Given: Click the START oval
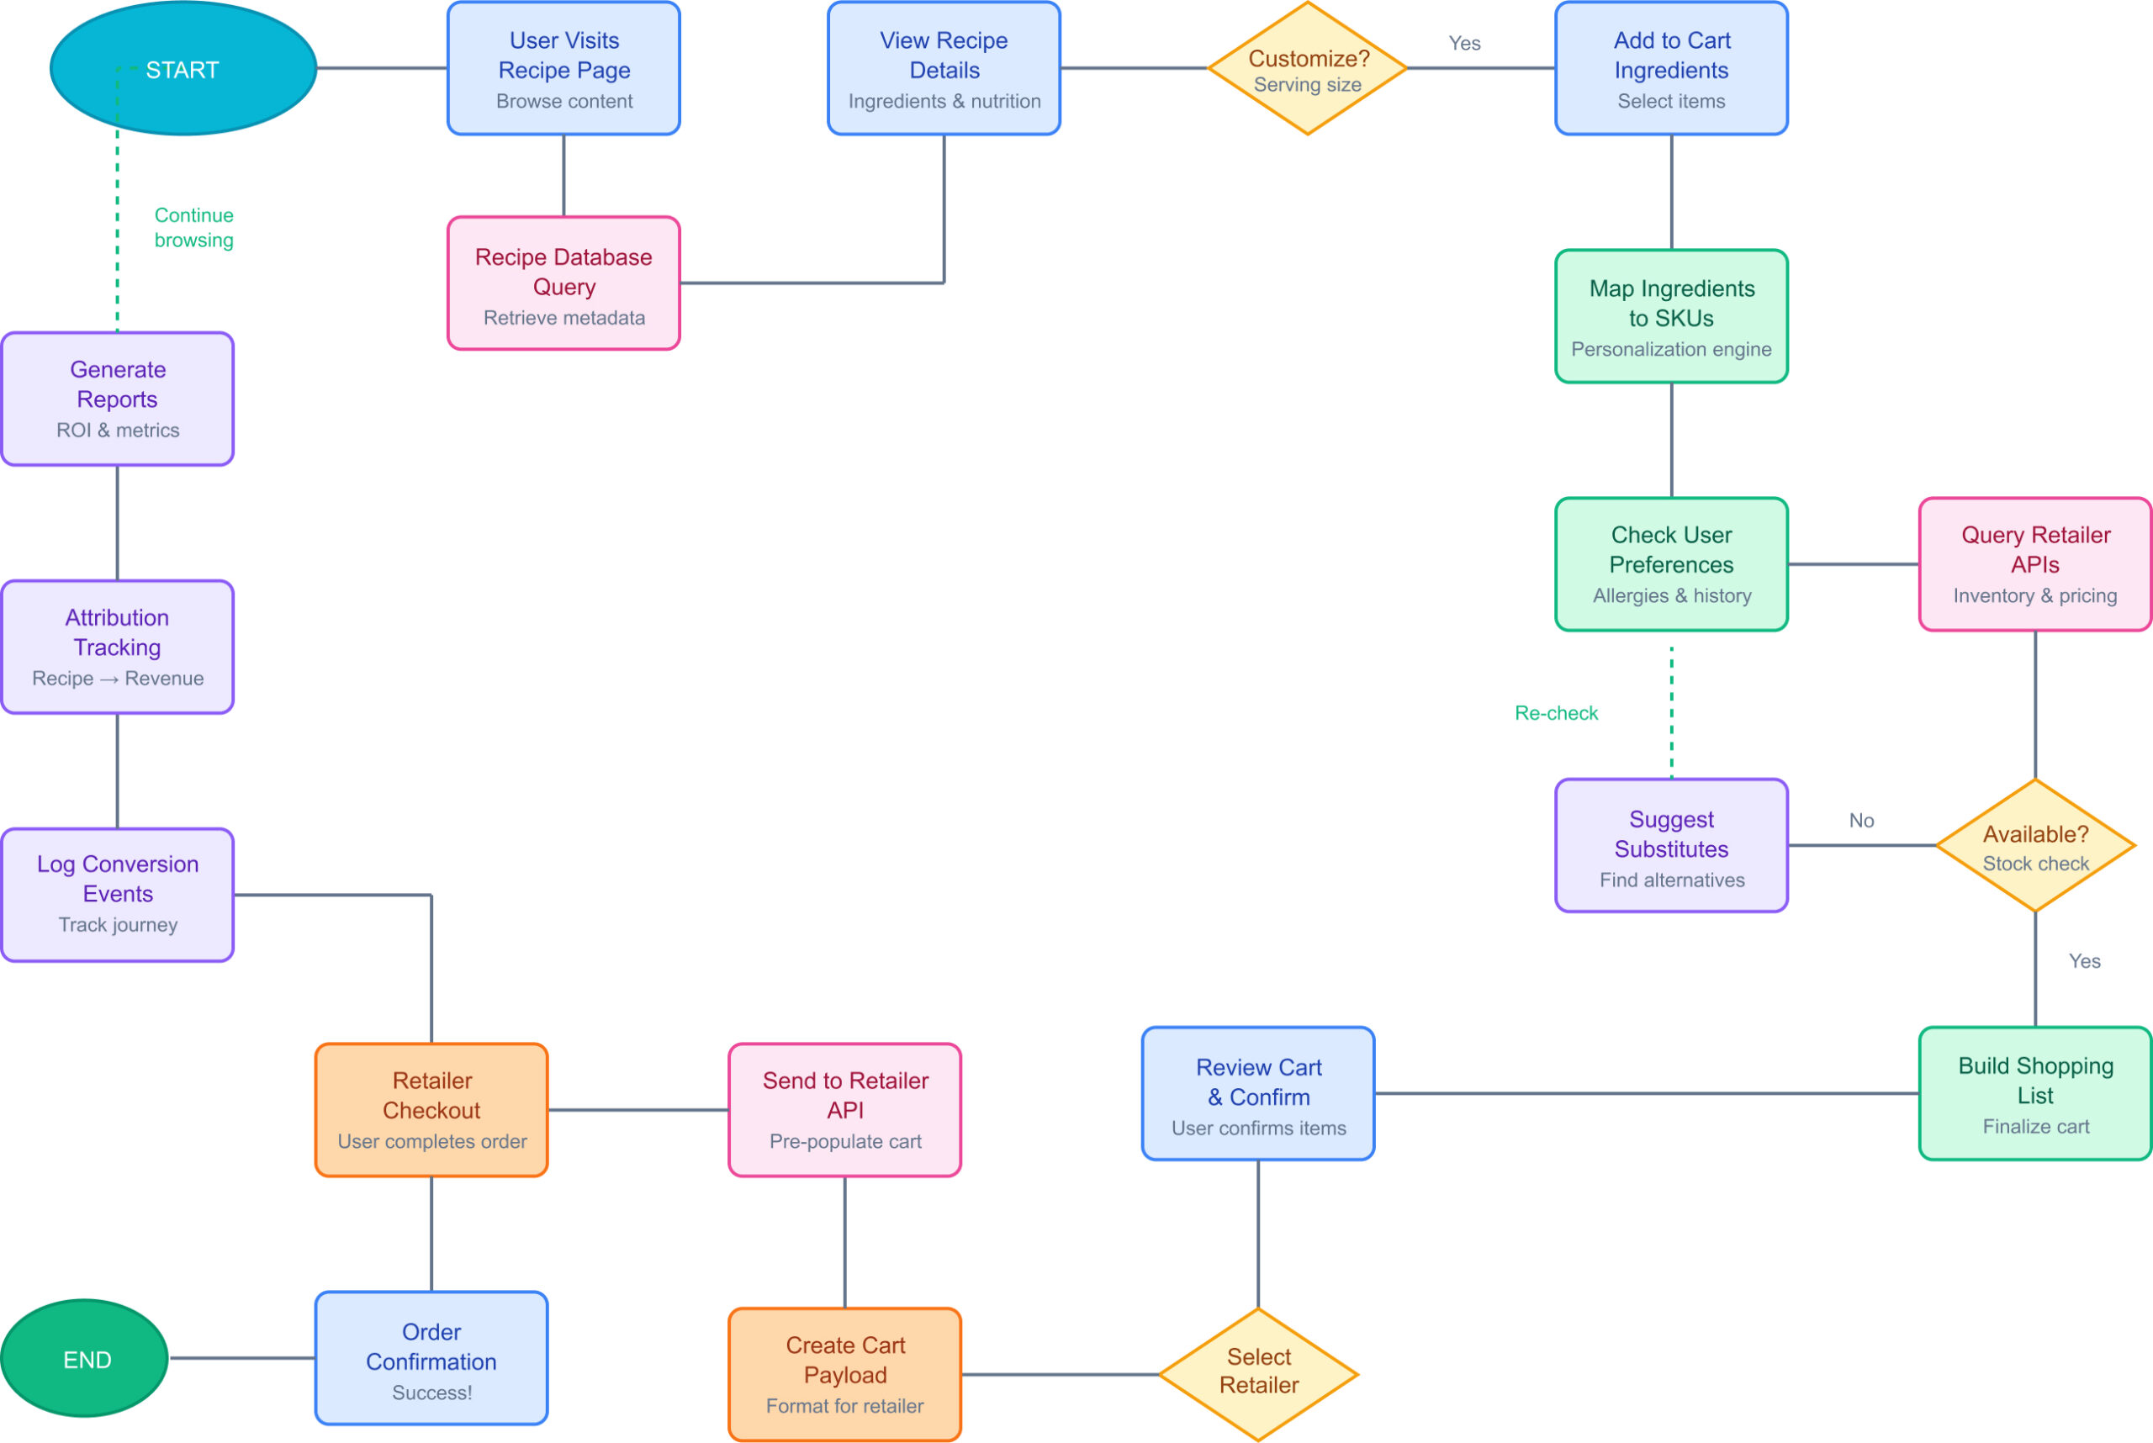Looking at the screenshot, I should (x=183, y=69).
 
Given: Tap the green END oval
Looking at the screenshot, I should (x=85, y=1358).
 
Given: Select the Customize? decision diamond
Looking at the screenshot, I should (x=1307, y=69).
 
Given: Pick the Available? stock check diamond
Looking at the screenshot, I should (x=2035, y=846).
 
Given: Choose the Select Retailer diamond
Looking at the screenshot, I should (x=1258, y=1374).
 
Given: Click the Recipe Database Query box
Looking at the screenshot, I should (x=563, y=283).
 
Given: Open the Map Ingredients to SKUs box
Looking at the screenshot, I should (x=1670, y=316).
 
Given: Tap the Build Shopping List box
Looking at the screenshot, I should (x=2035, y=1093).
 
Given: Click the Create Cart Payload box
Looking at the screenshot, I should (x=844, y=1374).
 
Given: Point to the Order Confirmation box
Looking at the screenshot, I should (x=431, y=1358).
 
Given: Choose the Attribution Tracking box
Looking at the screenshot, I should (x=117, y=647).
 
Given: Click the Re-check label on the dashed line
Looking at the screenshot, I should (x=1556, y=713).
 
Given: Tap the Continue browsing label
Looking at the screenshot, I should (x=193, y=227).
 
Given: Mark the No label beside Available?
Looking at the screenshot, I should (x=1861, y=820).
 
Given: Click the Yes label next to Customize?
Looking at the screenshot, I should (x=1463, y=43).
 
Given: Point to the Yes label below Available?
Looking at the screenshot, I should (x=2084, y=961).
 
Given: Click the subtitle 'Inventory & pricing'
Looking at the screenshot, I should (x=2035, y=595).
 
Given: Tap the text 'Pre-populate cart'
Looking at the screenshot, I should (x=844, y=1141).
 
